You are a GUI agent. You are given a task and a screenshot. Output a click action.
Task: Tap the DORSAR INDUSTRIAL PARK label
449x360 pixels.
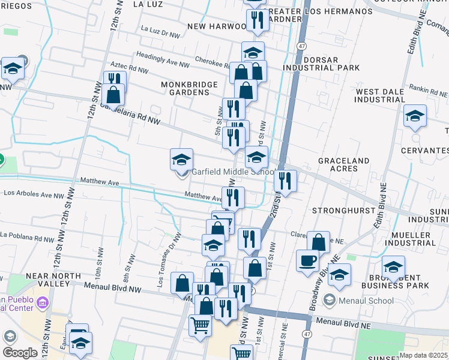[x=330, y=64]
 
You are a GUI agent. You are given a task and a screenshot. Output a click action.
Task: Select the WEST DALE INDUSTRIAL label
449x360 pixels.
[x=384, y=95]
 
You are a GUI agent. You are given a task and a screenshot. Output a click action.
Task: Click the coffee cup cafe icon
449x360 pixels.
[x=308, y=261]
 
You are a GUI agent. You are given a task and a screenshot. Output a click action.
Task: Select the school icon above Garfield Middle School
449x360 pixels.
[x=181, y=160]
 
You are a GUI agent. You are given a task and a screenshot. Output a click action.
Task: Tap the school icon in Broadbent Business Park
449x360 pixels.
[x=393, y=267]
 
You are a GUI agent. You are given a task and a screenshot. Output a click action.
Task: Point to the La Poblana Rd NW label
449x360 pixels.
[x=26, y=238]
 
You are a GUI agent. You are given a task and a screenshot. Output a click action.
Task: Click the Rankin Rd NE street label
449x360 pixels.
[x=429, y=91]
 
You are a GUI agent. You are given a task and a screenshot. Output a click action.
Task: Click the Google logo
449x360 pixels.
[x=20, y=353]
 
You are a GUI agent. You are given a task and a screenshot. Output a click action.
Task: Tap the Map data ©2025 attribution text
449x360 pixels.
[x=423, y=355]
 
